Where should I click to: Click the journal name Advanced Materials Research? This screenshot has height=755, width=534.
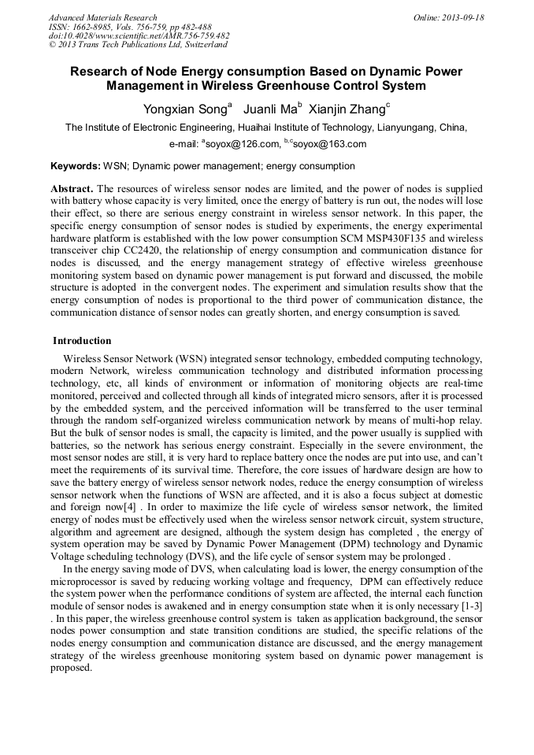(x=103, y=17)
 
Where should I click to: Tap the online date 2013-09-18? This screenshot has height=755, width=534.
(x=458, y=17)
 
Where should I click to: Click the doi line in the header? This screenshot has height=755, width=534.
(x=139, y=36)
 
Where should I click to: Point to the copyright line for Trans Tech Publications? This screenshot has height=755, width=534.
(x=138, y=46)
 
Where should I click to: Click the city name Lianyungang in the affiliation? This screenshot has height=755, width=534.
(x=395, y=128)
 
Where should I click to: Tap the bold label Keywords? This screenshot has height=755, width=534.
(x=75, y=166)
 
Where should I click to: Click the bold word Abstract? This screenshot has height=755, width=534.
(x=72, y=189)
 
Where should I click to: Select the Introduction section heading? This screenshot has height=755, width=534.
(x=82, y=341)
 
